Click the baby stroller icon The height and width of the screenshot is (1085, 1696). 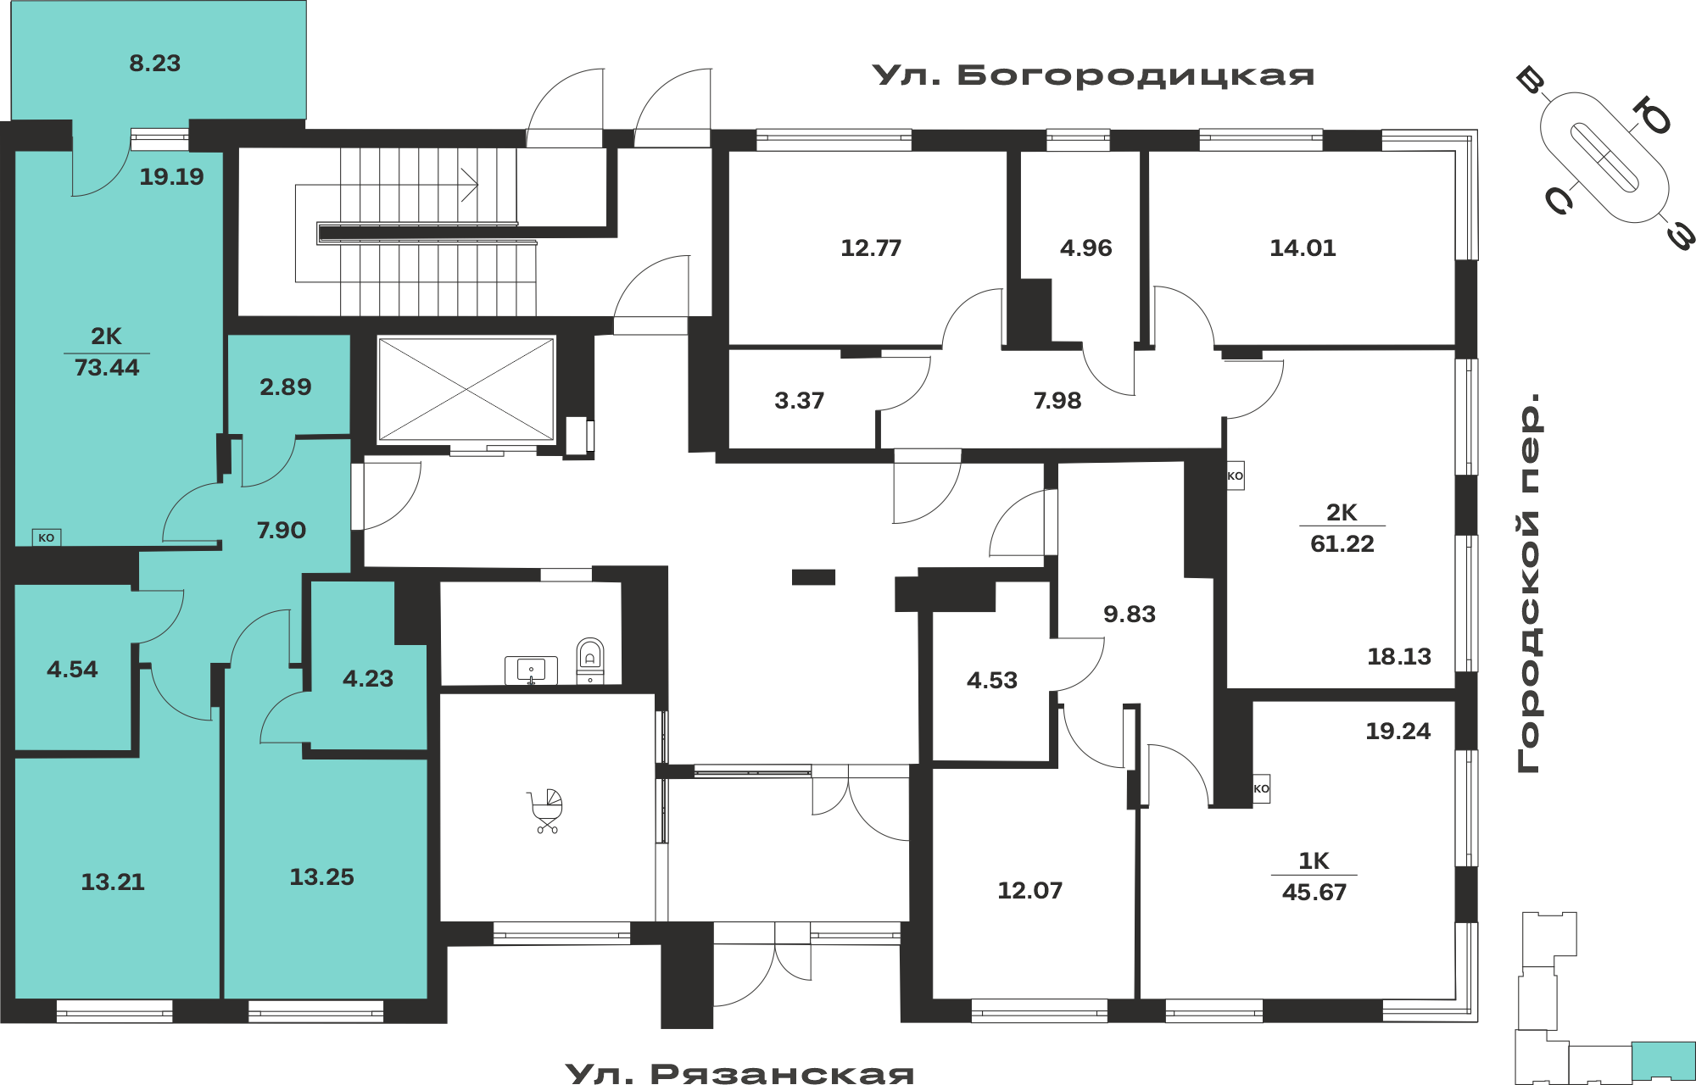click(546, 811)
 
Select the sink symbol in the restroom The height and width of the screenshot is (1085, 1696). click(531, 670)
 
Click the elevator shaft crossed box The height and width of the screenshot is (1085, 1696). click(466, 389)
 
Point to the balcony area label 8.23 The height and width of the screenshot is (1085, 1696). click(155, 63)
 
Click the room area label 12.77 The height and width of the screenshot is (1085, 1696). click(871, 248)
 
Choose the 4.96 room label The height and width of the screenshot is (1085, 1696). click(1085, 248)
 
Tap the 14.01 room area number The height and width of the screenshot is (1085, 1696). click(1303, 248)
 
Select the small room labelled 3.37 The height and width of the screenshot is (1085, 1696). click(799, 400)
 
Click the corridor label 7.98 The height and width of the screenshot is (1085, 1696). click(1057, 400)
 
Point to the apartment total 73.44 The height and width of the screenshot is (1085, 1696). click(107, 367)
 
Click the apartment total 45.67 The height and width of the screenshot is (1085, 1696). click(1314, 892)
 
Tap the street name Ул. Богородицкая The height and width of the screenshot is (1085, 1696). click(1094, 75)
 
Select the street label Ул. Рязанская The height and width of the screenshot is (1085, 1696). click(739, 1073)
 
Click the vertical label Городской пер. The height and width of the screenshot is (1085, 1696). click(1529, 583)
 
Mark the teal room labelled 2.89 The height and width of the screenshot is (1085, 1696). click(286, 387)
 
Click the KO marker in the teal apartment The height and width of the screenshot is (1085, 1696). click(47, 537)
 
